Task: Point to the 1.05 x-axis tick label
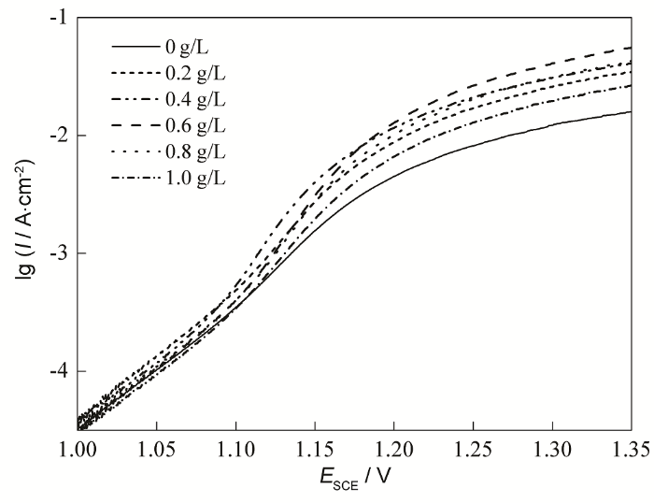[x=157, y=450]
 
